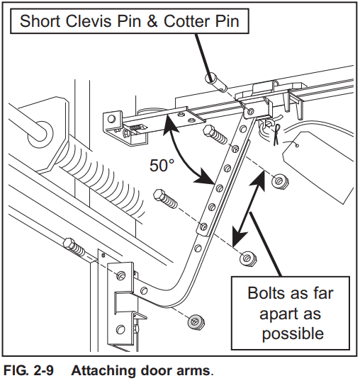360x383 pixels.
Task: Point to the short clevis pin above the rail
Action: [x=215, y=81]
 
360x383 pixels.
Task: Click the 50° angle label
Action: [x=162, y=165]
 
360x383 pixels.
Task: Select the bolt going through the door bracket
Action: [x=76, y=249]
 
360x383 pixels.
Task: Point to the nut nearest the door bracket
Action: [x=193, y=321]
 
